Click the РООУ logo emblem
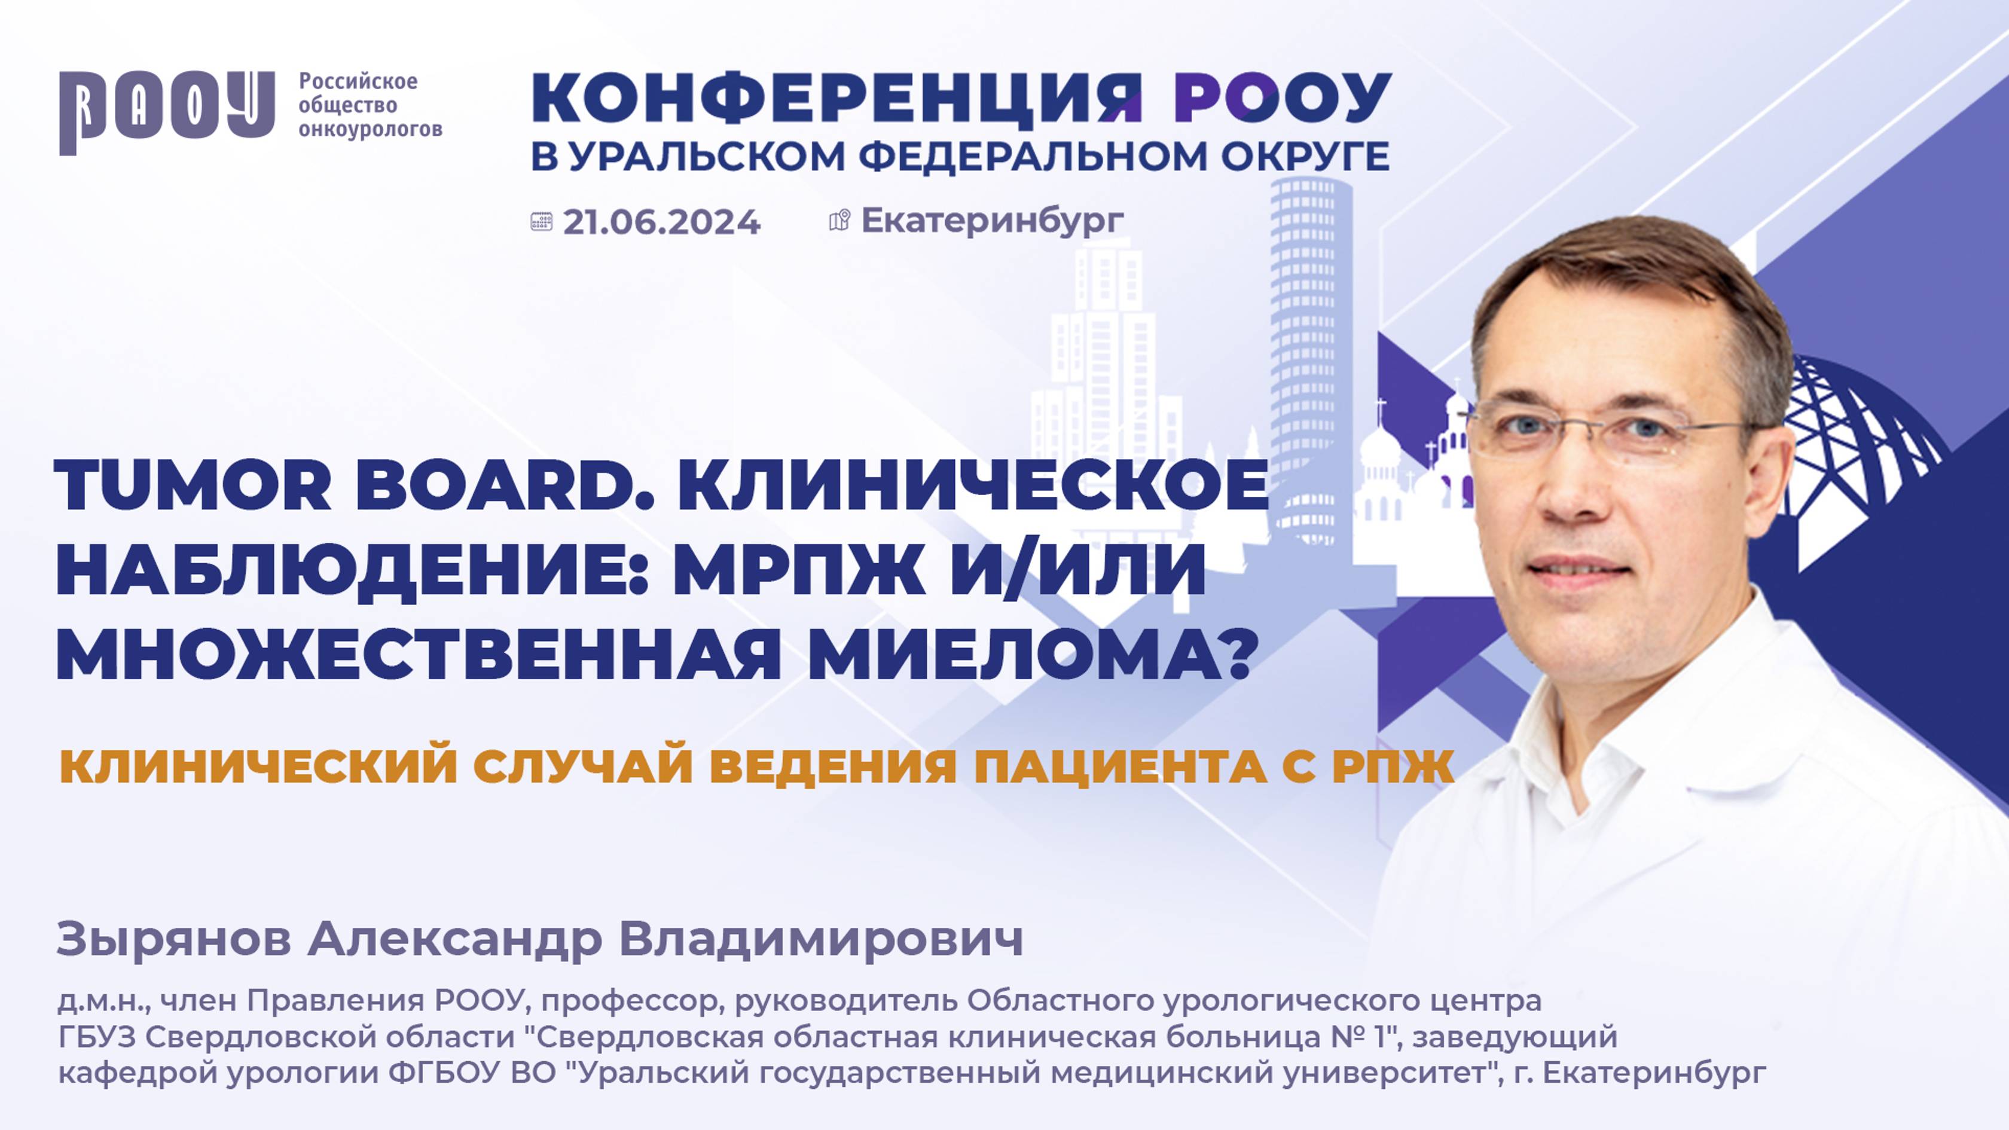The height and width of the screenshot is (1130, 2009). (x=167, y=112)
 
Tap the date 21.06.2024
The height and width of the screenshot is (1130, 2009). (x=661, y=222)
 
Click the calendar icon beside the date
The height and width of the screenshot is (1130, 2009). (x=541, y=222)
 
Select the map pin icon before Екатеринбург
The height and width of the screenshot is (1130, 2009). (x=839, y=221)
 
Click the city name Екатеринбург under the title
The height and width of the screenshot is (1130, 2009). (x=992, y=221)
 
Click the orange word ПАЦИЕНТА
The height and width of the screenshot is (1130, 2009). (x=1120, y=766)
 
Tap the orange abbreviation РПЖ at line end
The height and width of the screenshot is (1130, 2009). (x=1394, y=766)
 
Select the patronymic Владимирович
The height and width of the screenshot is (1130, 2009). (x=820, y=939)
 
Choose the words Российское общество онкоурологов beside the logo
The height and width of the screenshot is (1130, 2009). (x=370, y=105)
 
